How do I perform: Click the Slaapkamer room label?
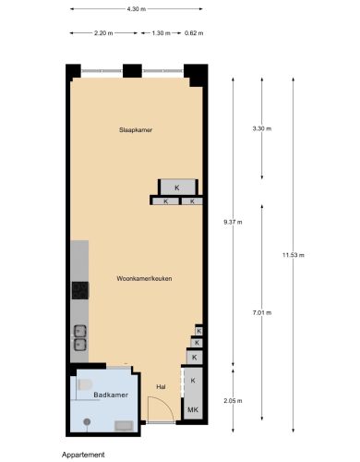[x=136, y=130]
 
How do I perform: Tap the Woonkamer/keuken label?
[x=144, y=278]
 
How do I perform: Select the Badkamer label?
[x=111, y=395]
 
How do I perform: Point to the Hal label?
[x=161, y=387]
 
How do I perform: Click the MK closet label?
[x=193, y=409]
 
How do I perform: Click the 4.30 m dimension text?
[x=137, y=9]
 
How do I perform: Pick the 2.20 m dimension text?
[x=103, y=33]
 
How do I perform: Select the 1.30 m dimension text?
[x=161, y=33]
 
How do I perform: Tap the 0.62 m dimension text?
[x=194, y=33]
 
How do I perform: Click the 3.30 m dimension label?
[x=262, y=128]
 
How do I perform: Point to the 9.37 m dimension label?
[x=233, y=222]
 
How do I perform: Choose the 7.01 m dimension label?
[x=262, y=312]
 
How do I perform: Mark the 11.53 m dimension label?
[x=294, y=255]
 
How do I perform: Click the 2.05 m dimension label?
[x=233, y=401]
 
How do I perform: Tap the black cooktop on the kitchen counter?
[x=80, y=290]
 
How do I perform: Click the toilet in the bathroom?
[x=85, y=384]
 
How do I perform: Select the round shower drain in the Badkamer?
[x=87, y=421]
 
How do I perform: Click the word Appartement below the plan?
[x=83, y=455]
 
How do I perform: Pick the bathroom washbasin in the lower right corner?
[x=124, y=426]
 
